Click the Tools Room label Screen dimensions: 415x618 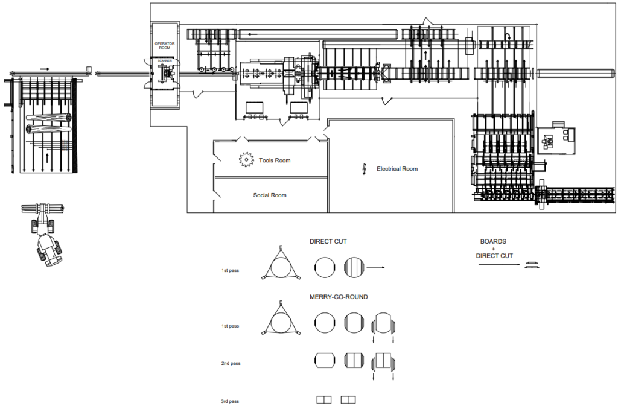coord(275,160)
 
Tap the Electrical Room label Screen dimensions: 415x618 coord(397,169)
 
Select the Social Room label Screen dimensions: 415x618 coord(270,195)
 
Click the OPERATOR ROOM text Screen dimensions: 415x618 coord(164,46)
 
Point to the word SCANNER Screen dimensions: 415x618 coord(164,61)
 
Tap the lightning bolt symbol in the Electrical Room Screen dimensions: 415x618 coord(364,168)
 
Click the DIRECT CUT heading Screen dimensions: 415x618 coord(328,242)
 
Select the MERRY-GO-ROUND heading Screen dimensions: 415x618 coord(339,297)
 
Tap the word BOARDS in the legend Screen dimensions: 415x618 coord(493,241)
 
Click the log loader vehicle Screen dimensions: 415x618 coord(45,235)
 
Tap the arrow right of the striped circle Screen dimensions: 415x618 coord(376,267)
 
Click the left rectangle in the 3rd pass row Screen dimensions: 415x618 coord(325,399)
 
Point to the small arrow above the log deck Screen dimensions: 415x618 coord(45,69)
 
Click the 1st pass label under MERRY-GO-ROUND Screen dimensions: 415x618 coord(230,326)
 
